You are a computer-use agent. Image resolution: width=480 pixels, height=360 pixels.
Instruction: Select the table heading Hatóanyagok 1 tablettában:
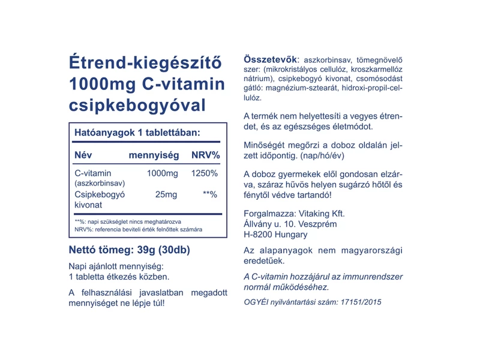137,132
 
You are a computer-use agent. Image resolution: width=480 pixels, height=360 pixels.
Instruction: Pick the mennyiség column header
154,155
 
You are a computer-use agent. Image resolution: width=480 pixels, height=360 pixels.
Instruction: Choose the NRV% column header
205,155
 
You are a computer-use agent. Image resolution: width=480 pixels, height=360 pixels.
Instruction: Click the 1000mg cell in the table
163,173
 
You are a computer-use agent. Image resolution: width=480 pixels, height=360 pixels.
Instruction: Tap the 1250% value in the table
204,173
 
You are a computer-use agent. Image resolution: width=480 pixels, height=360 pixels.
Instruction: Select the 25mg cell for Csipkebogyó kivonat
166,195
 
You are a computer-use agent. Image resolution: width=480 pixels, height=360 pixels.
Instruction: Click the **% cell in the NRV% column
209,195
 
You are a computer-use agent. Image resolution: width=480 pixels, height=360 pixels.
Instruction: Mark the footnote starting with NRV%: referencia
138,230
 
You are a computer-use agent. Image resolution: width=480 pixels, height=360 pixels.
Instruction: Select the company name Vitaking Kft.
320,213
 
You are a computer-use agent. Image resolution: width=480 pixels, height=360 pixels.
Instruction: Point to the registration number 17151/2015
358,302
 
